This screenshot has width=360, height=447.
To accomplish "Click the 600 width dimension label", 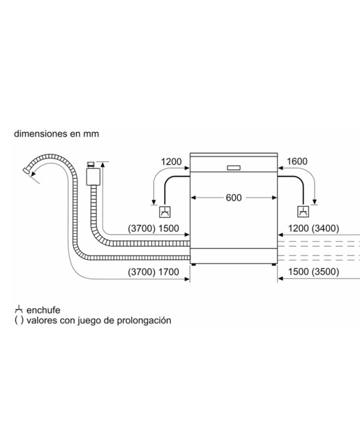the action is (234, 198).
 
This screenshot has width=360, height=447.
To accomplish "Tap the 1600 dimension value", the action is (297, 161).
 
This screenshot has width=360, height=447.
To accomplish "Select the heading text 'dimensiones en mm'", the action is (57, 133).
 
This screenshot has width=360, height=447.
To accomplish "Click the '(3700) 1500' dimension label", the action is (153, 228).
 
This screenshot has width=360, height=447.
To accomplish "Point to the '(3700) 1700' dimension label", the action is (153, 272).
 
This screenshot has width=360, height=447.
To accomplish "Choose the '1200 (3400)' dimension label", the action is (313, 228).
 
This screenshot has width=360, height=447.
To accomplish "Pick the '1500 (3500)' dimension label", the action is (313, 272).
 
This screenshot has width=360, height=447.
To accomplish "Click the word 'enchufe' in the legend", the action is (43, 310).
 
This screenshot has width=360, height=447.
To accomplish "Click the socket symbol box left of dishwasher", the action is (165, 212).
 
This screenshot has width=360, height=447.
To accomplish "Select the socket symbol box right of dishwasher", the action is (303, 212).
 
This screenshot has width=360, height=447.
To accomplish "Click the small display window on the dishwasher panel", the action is (234, 168).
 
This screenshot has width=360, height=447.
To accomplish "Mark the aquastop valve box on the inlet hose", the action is (93, 177).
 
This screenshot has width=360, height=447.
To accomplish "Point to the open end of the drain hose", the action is (27, 170).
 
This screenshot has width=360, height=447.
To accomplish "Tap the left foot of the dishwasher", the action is (194, 265).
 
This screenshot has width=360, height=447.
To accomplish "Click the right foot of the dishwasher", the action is (273, 265).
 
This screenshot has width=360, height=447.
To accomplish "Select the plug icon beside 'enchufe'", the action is (19, 309).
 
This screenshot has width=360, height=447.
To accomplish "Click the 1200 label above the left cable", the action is (171, 161).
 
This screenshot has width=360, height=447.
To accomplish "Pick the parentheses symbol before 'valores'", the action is (19, 321).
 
